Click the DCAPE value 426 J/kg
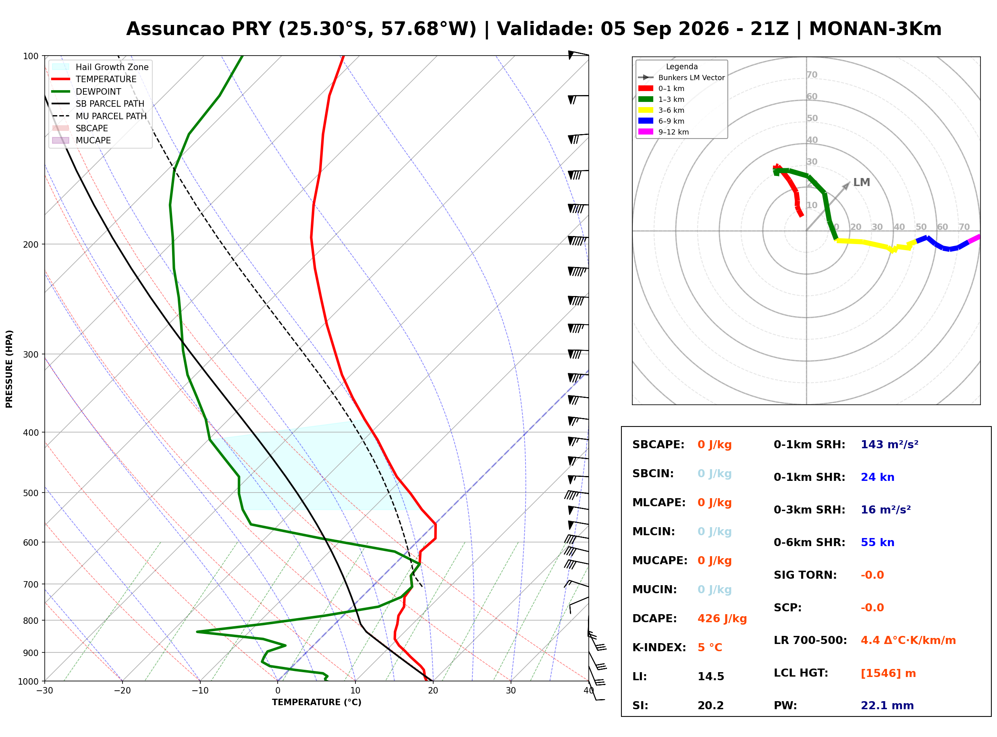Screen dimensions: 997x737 point(722,618)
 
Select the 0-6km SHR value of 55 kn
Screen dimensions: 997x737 point(877,542)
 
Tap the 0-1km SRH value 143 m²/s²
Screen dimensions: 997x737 point(889,444)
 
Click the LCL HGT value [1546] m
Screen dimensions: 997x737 point(888,673)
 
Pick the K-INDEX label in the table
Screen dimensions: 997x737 point(659,647)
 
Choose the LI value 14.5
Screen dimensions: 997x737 point(710,676)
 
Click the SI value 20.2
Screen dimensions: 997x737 point(710,705)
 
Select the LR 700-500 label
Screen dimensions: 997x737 point(810,640)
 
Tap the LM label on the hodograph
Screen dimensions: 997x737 point(861,182)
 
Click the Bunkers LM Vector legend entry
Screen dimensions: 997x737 point(681,78)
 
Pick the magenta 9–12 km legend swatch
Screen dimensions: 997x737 point(645,132)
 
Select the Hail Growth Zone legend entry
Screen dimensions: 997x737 point(100,67)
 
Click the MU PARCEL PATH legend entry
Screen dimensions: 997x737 point(100,116)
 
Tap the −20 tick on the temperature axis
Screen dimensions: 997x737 point(122,691)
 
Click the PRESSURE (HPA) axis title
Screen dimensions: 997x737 point(9,368)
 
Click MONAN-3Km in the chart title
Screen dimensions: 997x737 point(875,29)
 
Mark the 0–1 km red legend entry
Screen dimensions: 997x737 point(661,88)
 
